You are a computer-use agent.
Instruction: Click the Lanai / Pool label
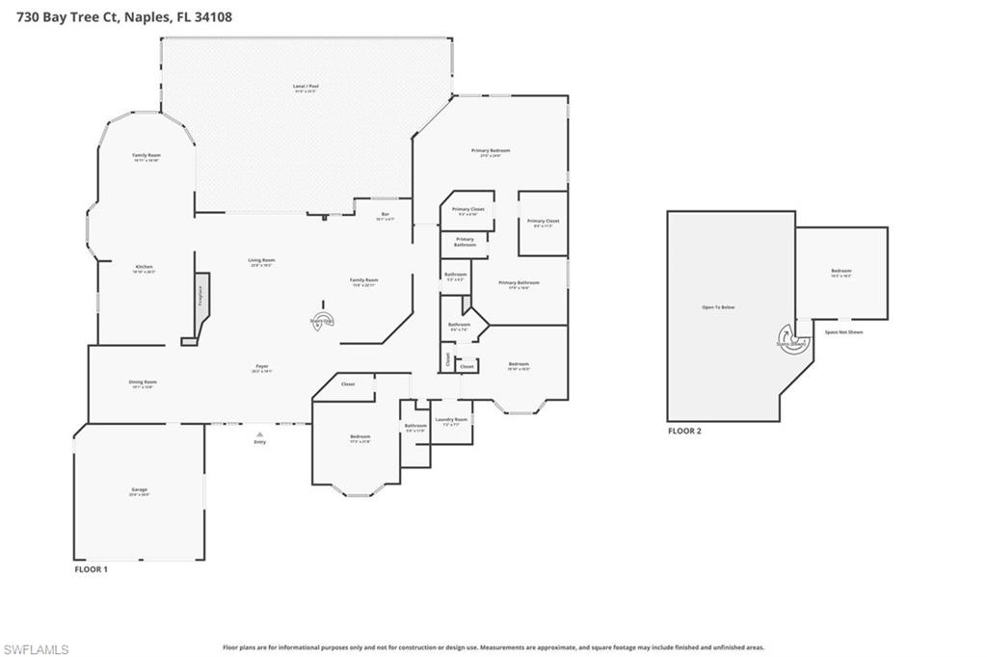pos(306,87)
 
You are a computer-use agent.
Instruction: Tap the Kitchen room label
pos(144,267)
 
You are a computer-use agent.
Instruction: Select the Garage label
pos(140,490)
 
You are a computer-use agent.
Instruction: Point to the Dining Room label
pos(143,382)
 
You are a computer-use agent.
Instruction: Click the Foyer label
pos(261,366)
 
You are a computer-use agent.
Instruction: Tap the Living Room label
pos(261,260)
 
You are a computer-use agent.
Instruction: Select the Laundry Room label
pos(451,419)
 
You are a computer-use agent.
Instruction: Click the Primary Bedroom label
pos(491,151)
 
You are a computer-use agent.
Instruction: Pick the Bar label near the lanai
pos(386,214)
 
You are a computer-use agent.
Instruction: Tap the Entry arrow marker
pos(259,434)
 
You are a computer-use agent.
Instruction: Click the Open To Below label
pos(718,307)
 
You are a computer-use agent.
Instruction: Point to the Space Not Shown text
pos(843,332)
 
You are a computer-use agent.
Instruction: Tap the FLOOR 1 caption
pos(92,569)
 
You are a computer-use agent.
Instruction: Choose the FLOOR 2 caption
pos(684,431)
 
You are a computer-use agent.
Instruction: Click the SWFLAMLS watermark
pos(36,649)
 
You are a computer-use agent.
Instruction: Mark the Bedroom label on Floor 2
pos(841,271)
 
